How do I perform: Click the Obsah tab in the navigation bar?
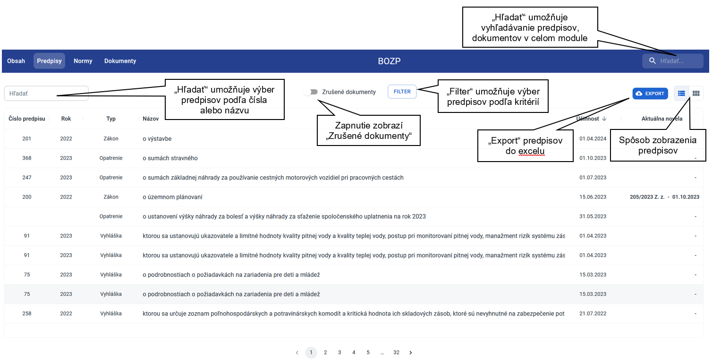pos(16,61)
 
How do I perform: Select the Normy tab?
pos(83,61)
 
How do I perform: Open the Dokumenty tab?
pos(120,61)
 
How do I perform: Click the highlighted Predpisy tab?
pos(49,61)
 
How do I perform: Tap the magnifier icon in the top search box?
pos(652,61)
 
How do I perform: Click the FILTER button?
pos(402,92)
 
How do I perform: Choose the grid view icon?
pos(696,93)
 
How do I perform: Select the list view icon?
pos(681,93)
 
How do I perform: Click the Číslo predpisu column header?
pos(27,119)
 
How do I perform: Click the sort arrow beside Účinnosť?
pos(604,119)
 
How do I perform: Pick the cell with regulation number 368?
pos(27,158)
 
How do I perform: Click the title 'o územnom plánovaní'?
pos(172,197)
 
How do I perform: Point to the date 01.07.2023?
pos(593,178)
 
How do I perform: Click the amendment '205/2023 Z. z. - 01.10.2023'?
pos(664,197)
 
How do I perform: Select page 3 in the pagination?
pos(339,352)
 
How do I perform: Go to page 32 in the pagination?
pos(396,352)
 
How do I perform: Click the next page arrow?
pos(410,352)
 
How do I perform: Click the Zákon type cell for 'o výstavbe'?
pos(111,138)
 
